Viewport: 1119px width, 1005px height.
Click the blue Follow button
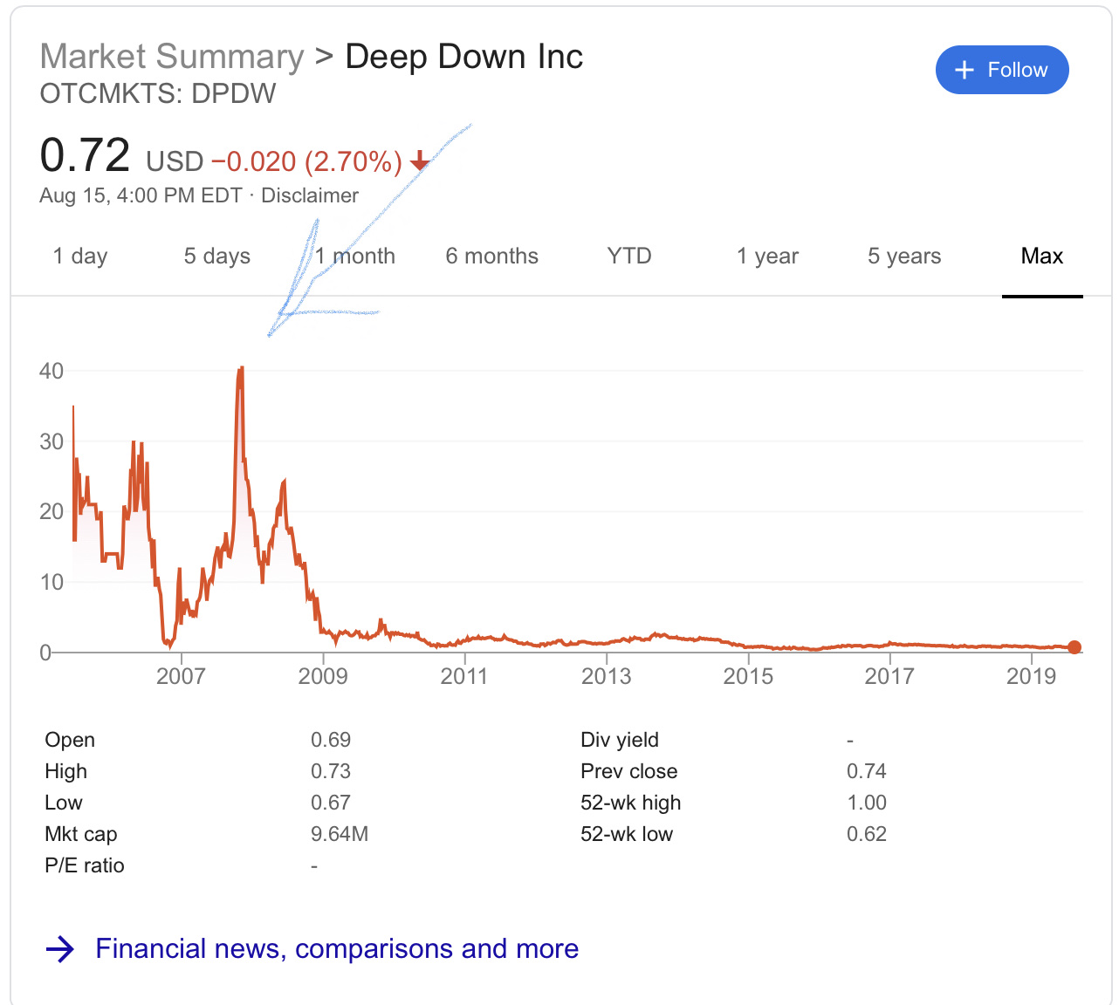(x=1001, y=70)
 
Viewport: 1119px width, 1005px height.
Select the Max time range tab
(x=1041, y=256)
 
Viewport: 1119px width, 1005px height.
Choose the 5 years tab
(x=903, y=256)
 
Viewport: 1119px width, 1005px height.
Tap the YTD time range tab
(x=628, y=256)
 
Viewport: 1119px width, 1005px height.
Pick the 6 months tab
(x=491, y=256)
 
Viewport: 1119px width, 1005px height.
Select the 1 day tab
(x=79, y=256)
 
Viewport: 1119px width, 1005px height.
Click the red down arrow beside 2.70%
(x=420, y=161)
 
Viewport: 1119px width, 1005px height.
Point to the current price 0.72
(x=85, y=155)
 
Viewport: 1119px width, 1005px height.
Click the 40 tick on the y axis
(x=51, y=372)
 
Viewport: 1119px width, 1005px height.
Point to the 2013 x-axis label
(x=606, y=676)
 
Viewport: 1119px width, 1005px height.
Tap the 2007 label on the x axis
(x=181, y=676)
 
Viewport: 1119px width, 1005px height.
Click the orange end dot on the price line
(x=1074, y=647)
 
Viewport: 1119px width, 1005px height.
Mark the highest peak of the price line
(x=240, y=369)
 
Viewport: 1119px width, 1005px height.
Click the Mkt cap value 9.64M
(x=340, y=834)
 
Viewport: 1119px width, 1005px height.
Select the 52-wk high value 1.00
(x=866, y=803)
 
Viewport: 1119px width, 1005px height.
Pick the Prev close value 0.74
(x=866, y=771)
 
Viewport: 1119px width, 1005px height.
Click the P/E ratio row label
(x=85, y=865)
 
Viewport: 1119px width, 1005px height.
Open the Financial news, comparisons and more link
(x=336, y=948)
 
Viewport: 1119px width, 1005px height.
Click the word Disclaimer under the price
(x=310, y=195)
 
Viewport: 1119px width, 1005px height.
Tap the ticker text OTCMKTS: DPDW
(x=158, y=93)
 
